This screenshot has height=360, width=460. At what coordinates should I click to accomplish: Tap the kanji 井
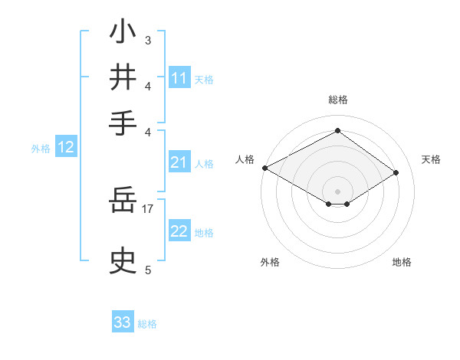click(x=123, y=77)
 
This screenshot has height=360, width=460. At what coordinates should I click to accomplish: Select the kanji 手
click(x=123, y=122)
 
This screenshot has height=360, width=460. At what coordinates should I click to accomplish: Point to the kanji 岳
click(x=123, y=201)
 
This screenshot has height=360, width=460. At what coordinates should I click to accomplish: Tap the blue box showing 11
click(x=179, y=78)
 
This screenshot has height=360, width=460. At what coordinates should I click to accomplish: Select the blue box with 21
click(x=179, y=162)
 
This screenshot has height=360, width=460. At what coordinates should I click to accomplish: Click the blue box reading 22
click(x=179, y=231)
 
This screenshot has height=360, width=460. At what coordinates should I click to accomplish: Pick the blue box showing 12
click(x=66, y=148)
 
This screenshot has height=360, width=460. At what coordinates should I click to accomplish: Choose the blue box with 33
click(x=123, y=322)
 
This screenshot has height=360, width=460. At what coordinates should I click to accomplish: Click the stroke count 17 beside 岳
click(x=147, y=208)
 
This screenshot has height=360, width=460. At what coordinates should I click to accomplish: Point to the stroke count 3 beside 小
click(x=147, y=39)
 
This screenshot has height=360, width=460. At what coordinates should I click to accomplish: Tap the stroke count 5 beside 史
click(x=147, y=269)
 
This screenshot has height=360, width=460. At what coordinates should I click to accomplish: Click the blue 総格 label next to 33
click(x=147, y=324)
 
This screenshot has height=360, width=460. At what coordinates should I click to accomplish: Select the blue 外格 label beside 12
click(x=41, y=149)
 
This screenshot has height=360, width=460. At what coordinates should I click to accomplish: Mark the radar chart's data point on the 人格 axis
click(x=264, y=168)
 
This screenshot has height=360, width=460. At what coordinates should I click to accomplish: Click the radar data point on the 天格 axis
click(x=396, y=174)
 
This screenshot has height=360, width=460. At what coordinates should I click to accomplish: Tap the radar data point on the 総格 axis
click(x=337, y=131)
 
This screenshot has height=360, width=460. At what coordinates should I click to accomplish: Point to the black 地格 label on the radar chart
click(x=402, y=262)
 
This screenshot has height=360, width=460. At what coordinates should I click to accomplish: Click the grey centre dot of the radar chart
click(x=337, y=191)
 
